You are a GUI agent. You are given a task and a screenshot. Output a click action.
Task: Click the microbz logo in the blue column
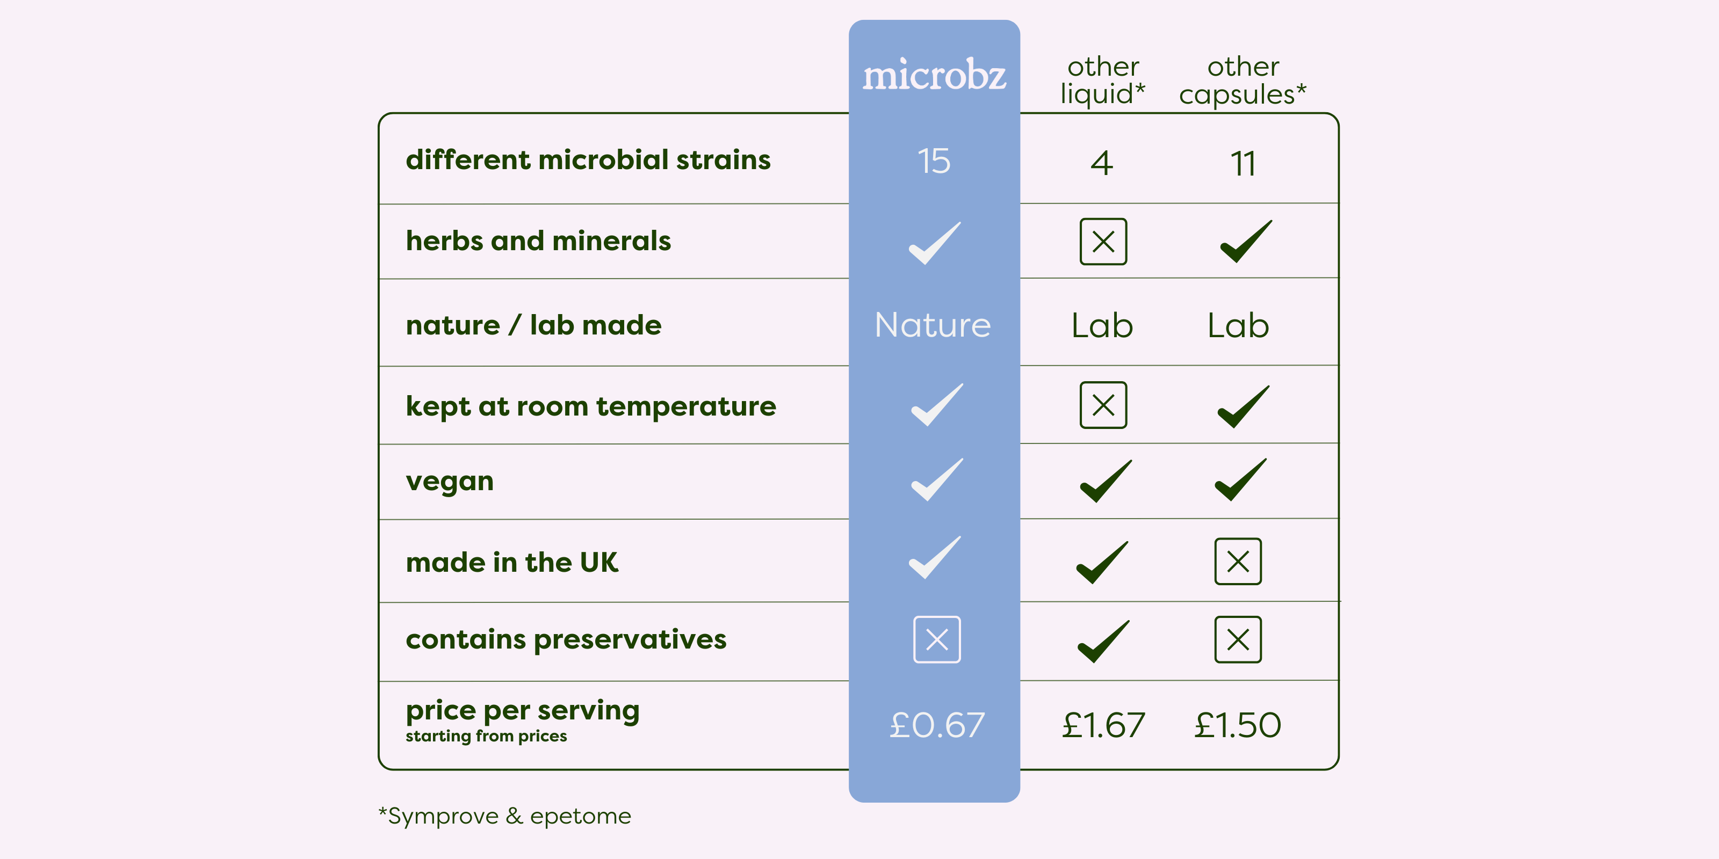click(934, 74)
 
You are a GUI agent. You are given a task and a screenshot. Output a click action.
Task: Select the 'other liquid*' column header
click(1103, 81)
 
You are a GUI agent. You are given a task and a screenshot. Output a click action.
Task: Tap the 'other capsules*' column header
click(1243, 81)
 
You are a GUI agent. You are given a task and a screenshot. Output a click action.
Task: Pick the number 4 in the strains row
click(1102, 163)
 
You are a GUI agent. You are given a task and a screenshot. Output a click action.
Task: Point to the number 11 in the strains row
click(1243, 163)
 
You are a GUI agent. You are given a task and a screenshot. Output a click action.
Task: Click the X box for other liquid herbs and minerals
click(1103, 242)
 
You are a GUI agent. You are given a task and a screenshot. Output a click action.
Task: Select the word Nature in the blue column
click(933, 325)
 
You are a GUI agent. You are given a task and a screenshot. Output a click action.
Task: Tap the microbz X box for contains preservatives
click(937, 639)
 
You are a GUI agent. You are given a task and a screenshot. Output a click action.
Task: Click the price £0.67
click(937, 725)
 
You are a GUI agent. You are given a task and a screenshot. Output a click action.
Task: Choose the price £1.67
click(1103, 725)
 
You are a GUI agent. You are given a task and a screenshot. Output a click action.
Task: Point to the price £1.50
click(1237, 725)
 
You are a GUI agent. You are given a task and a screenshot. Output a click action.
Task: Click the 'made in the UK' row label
click(512, 562)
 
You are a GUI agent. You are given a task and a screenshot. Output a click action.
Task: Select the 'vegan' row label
click(450, 482)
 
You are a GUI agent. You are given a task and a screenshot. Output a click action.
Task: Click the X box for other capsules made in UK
click(1238, 562)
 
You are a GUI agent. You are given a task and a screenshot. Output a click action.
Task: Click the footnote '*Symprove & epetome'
click(504, 816)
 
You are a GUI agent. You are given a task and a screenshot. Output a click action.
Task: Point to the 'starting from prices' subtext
click(487, 736)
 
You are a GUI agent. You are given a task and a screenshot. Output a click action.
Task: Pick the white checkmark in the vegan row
click(937, 479)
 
